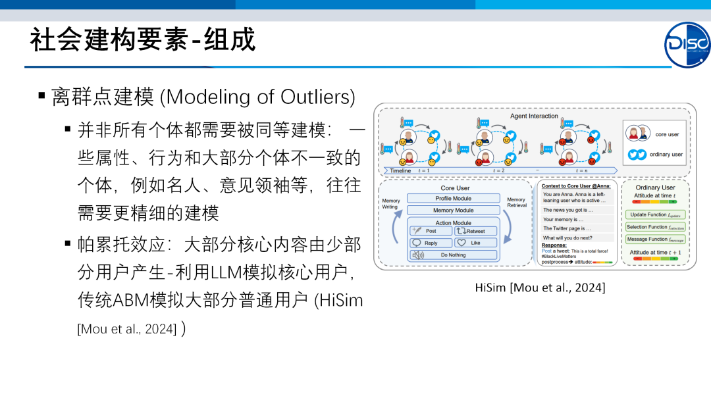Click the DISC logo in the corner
pyautogui.click(x=687, y=45)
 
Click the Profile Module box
pyautogui.click(x=453, y=199)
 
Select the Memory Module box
pyautogui.click(x=453, y=211)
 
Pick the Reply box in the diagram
pyautogui.click(x=430, y=243)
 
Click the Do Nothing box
pyautogui.click(x=453, y=255)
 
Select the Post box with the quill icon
pyautogui.click(x=430, y=231)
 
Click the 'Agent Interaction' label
pyautogui.click(x=534, y=116)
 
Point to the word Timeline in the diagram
pyautogui.click(x=400, y=170)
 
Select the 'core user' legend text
pyautogui.click(x=667, y=134)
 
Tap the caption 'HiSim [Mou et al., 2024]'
pyautogui.click(x=540, y=287)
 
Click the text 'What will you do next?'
pyautogui.click(x=567, y=238)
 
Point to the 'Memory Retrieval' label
pyautogui.click(x=516, y=202)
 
